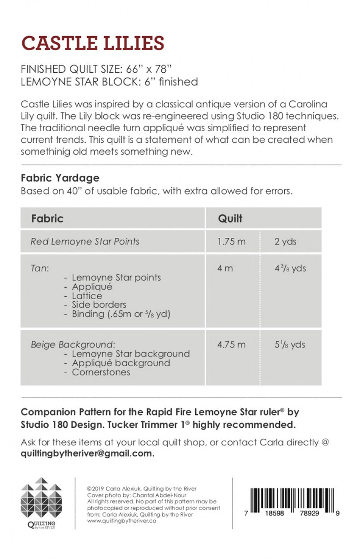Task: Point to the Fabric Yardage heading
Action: [x=60, y=178]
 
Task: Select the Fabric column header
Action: [x=47, y=218]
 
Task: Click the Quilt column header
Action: [x=230, y=218]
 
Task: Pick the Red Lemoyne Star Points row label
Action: [x=85, y=241]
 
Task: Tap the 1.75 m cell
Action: [x=231, y=241]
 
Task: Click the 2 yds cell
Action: [x=285, y=241]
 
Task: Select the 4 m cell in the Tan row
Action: [x=225, y=268]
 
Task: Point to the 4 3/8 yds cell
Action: [x=290, y=268]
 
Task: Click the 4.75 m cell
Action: [x=231, y=345]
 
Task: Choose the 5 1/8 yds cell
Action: [x=290, y=345]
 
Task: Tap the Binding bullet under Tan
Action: [x=121, y=314]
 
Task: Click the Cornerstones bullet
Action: [x=101, y=372]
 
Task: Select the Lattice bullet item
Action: [x=87, y=296]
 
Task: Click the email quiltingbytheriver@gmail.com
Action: [x=87, y=454]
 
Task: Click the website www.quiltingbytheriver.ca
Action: [x=121, y=521]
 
